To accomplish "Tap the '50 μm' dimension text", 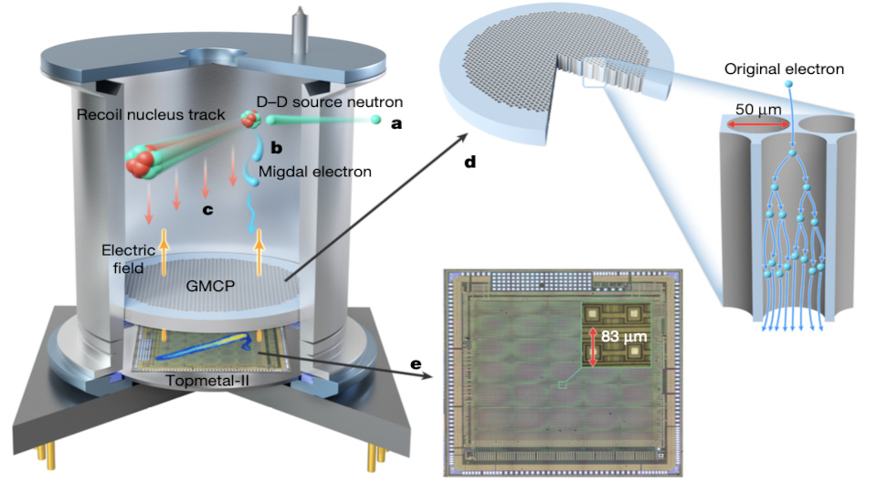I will coord(757,110).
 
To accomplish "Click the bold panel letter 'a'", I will coord(396,124).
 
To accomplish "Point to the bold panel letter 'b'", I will coord(275,146).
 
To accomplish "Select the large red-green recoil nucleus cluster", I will coord(144,162).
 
